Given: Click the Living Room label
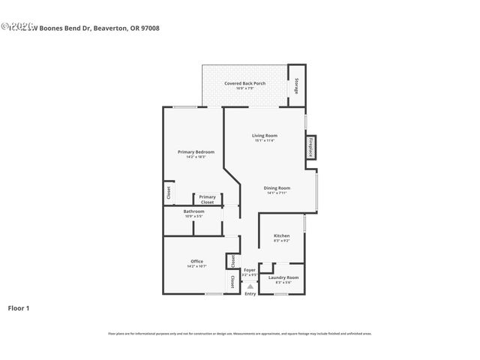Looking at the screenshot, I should point(265,135).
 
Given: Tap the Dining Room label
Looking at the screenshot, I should point(277,187).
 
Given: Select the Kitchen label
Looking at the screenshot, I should point(282,235).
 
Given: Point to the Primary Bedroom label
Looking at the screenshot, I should point(191,152).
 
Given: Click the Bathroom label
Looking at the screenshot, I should point(194,211).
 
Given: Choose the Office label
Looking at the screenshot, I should point(196,261).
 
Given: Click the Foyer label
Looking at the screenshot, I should point(250,269).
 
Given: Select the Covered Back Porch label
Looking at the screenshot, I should point(244,83).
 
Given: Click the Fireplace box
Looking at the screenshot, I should point(310,146).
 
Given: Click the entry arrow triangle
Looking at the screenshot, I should point(250,286).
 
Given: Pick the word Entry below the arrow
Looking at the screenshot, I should point(250,293).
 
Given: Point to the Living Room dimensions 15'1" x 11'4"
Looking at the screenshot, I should point(265,140).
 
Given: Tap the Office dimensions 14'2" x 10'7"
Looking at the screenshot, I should point(196,266).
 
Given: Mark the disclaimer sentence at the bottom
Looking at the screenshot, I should point(240,334).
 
